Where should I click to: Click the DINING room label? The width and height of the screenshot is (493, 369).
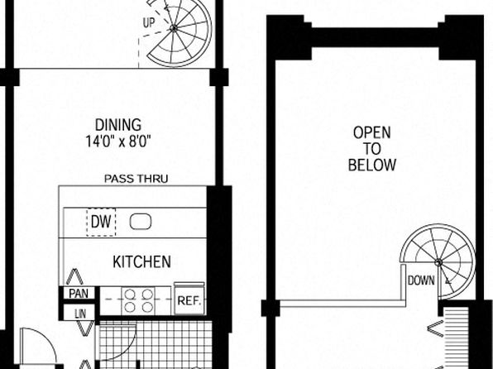point(118,125)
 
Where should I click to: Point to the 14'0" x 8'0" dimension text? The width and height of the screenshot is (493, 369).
point(118,141)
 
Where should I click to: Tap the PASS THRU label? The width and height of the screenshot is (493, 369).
point(136,179)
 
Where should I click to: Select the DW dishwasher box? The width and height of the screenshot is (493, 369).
point(101,222)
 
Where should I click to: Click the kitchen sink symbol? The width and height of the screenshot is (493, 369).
point(141,222)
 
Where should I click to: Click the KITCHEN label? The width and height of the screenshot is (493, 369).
point(141,261)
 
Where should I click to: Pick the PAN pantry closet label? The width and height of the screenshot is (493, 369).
point(79,294)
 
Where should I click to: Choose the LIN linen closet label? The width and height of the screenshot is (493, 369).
point(80,314)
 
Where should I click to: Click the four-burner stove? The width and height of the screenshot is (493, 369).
point(139,301)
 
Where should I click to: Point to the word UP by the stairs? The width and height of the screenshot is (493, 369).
point(149,23)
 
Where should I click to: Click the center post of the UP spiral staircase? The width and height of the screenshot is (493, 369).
point(173,28)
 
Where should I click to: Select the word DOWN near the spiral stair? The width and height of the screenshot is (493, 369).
point(421,280)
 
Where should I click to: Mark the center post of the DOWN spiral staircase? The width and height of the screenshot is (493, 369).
point(438,262)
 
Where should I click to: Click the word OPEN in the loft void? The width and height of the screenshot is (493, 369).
point(372,132)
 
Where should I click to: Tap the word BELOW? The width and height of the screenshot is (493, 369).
point(372,165)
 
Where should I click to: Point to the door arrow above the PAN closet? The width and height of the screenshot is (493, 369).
point(74,276)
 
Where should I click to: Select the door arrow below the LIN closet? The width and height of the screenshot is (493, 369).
point(84,328)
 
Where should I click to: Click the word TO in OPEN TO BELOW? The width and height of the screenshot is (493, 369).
point(371,148)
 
